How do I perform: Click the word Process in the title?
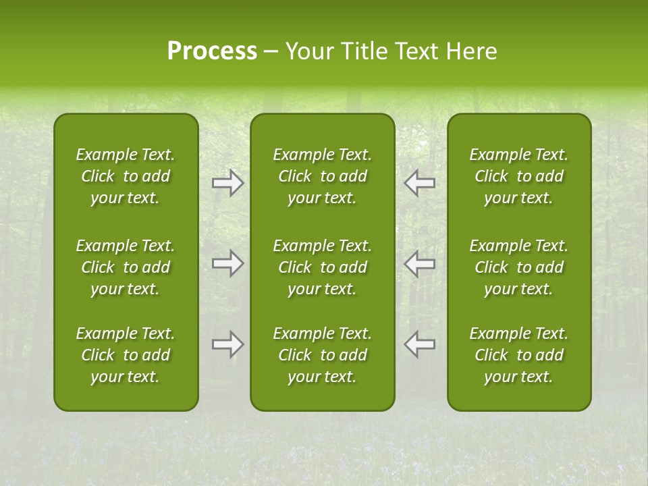(212, 51)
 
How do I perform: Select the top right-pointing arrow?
(228, 183)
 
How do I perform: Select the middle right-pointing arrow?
(228, 263)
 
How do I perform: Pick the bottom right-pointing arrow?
(228, 344)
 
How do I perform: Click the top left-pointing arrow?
(420, 183)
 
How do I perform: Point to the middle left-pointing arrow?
(420, 263)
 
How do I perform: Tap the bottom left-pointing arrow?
(420, 344)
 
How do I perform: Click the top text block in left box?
(126, 176)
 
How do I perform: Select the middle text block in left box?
(126, 267)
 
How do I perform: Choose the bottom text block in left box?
(126, 355)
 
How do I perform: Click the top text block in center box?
(323, 176)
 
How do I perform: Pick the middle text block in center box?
(323, 267)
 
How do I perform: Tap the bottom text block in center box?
(323, 355)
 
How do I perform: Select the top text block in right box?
(519, 176)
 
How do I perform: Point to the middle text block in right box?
(519, 267)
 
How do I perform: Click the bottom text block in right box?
(519, 355)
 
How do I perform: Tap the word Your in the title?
(308, 51)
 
